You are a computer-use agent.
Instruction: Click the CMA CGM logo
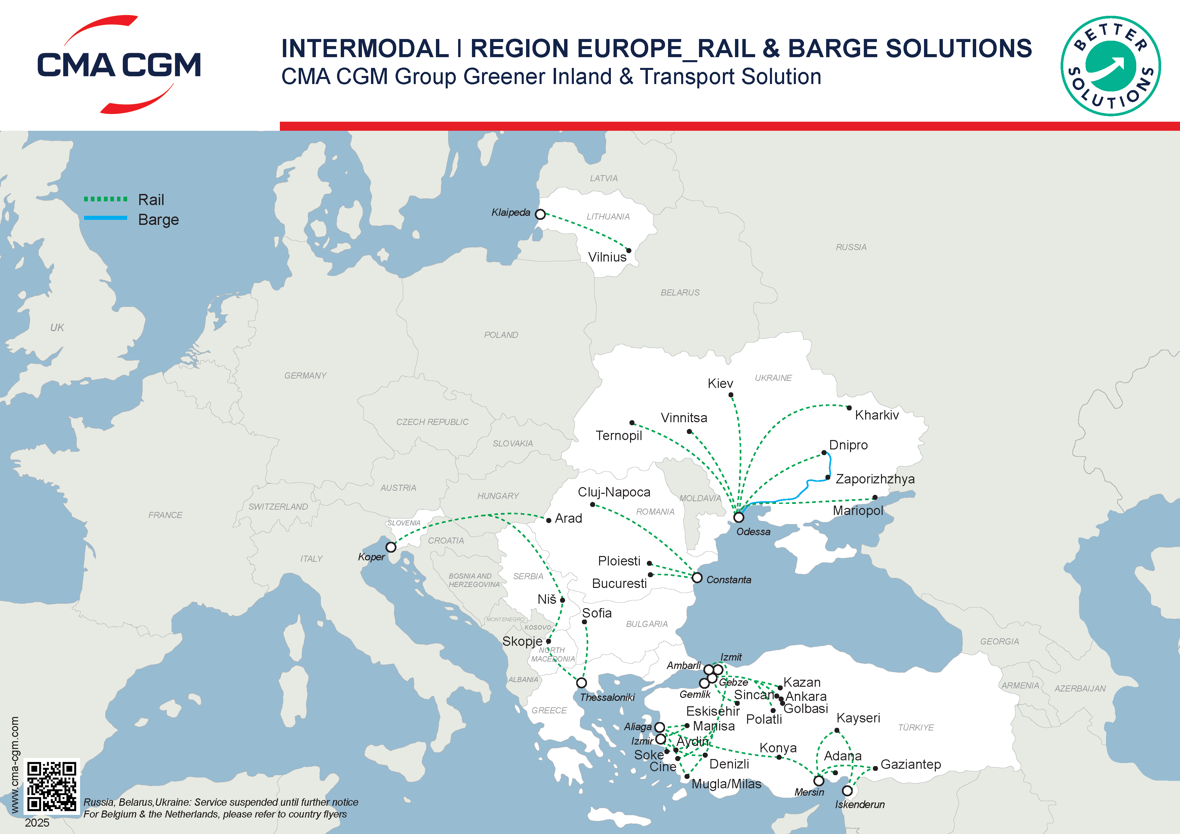[119, 65]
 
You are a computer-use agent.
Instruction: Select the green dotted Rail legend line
[105, 199]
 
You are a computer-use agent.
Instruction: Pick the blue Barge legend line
[105, 218]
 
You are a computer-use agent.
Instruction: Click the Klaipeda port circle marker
[540, 214]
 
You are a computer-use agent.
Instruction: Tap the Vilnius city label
[607, 257]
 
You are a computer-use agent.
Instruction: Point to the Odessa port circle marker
[739, 517]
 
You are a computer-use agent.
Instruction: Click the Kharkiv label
[877, 415]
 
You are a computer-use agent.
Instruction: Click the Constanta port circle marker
[697, 578]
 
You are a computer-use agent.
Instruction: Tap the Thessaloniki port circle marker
[581, 682]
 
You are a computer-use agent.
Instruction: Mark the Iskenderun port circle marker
[847, 791]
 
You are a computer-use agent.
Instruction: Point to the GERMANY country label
[305, 375]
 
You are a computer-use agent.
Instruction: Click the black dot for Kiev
[731, 395]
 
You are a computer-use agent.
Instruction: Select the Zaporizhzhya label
[875, 479]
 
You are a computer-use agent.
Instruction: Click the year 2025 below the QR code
[37, 823]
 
